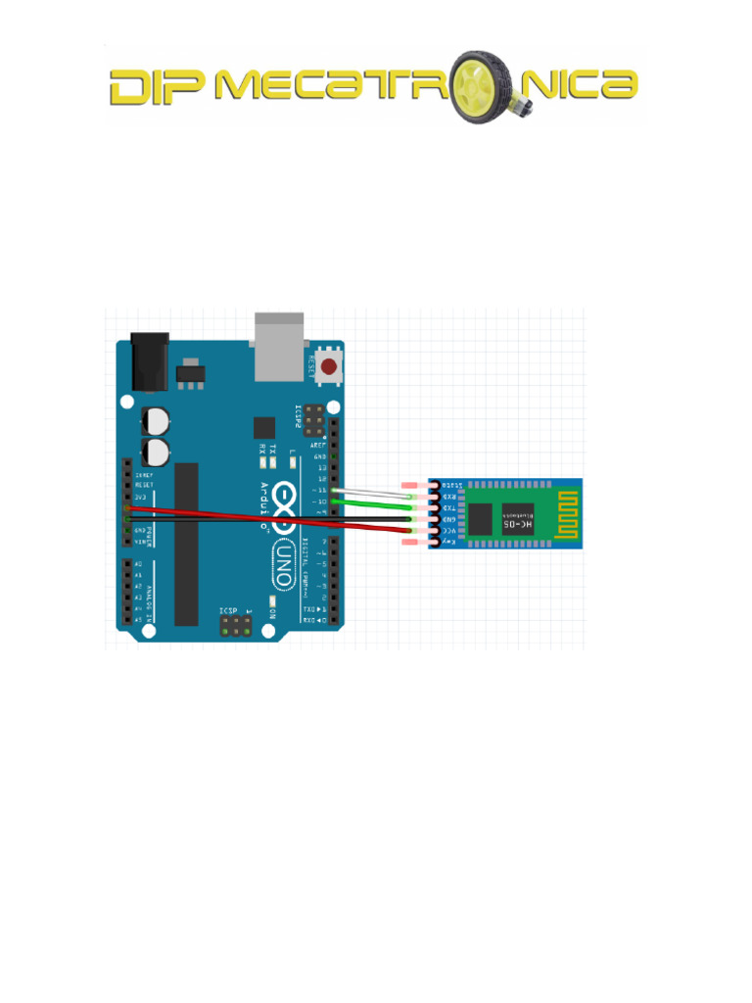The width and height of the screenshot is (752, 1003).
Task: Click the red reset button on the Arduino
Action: [x=330, y=368]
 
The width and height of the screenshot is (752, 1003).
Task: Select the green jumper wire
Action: [x=372, y=503]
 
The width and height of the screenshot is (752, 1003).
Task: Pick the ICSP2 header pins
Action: [x=315, y=422]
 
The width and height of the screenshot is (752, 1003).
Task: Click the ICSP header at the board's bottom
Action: [x=235, y=626]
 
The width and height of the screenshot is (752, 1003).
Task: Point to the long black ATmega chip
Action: [x=186, y=544]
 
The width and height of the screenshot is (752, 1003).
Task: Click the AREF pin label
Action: [x=319, y=445]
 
